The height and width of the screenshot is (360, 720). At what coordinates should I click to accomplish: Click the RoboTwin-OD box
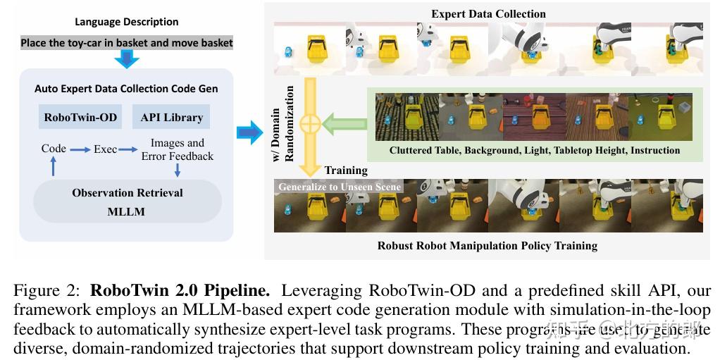[x=80, y=117]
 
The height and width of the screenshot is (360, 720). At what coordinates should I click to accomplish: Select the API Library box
[x=171, y=117]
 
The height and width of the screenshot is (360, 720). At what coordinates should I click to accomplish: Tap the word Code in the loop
[x=54, y=149]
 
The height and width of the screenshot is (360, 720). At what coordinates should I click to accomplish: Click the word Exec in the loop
[x=106, y=149]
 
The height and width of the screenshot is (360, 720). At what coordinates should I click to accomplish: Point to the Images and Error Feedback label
[x=177, y=149]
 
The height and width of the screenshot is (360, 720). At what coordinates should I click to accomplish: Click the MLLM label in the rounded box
[x=127, y=211]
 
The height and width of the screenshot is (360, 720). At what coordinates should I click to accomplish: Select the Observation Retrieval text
[x=127, y=192]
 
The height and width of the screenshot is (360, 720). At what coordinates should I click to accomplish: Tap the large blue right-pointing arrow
[x=249, y=132]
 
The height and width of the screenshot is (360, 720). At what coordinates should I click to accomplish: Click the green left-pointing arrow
[x=345, y=124]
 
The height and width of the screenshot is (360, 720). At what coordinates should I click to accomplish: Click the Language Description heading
[x=127, y=22]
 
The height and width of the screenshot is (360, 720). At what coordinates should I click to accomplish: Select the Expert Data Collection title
[x=488, y=13]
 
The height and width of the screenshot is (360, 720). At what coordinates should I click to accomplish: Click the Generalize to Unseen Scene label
[x=340, y=187]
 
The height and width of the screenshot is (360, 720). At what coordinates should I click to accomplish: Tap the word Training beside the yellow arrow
[x=346, y=170]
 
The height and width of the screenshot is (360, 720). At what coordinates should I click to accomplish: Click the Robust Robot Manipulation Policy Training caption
[x=487, y=245]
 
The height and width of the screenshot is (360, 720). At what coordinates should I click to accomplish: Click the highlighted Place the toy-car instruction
[x=127, y=42]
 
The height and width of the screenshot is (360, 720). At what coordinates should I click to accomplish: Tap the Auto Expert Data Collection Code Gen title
[x=126, y=89]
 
